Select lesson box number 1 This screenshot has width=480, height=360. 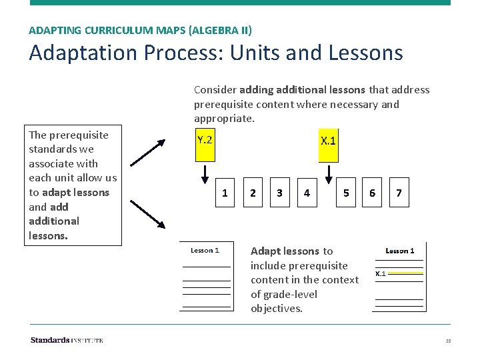click(225, 193)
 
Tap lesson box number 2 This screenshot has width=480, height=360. click(252, 193)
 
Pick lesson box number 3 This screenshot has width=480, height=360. click(279, 193)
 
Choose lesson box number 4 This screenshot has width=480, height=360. click(306, 193)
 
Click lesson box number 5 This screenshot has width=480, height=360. click(345, 193)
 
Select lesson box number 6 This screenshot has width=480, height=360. click(372, 193)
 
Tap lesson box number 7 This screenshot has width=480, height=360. click(399, 193)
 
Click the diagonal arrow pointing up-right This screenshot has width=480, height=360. click(148, 151)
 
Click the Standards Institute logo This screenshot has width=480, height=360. click(67, 341)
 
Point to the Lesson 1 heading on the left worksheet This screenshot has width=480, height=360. click(205, 251)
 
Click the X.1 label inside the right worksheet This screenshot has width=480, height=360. click(381, 273)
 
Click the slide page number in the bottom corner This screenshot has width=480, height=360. click(448, 341)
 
